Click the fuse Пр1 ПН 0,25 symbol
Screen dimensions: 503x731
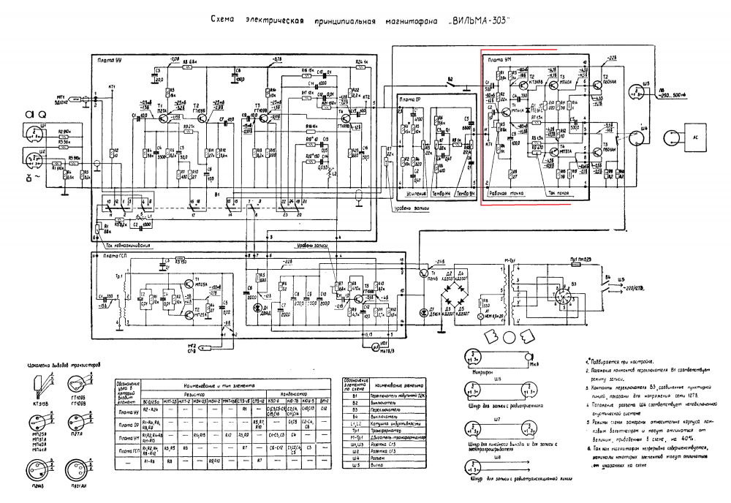[x=577, y=261]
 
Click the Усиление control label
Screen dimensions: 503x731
[x=412, y=194]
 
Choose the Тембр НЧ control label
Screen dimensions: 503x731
[x=440, y=194]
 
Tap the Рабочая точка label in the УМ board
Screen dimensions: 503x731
[x=506, y=193]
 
